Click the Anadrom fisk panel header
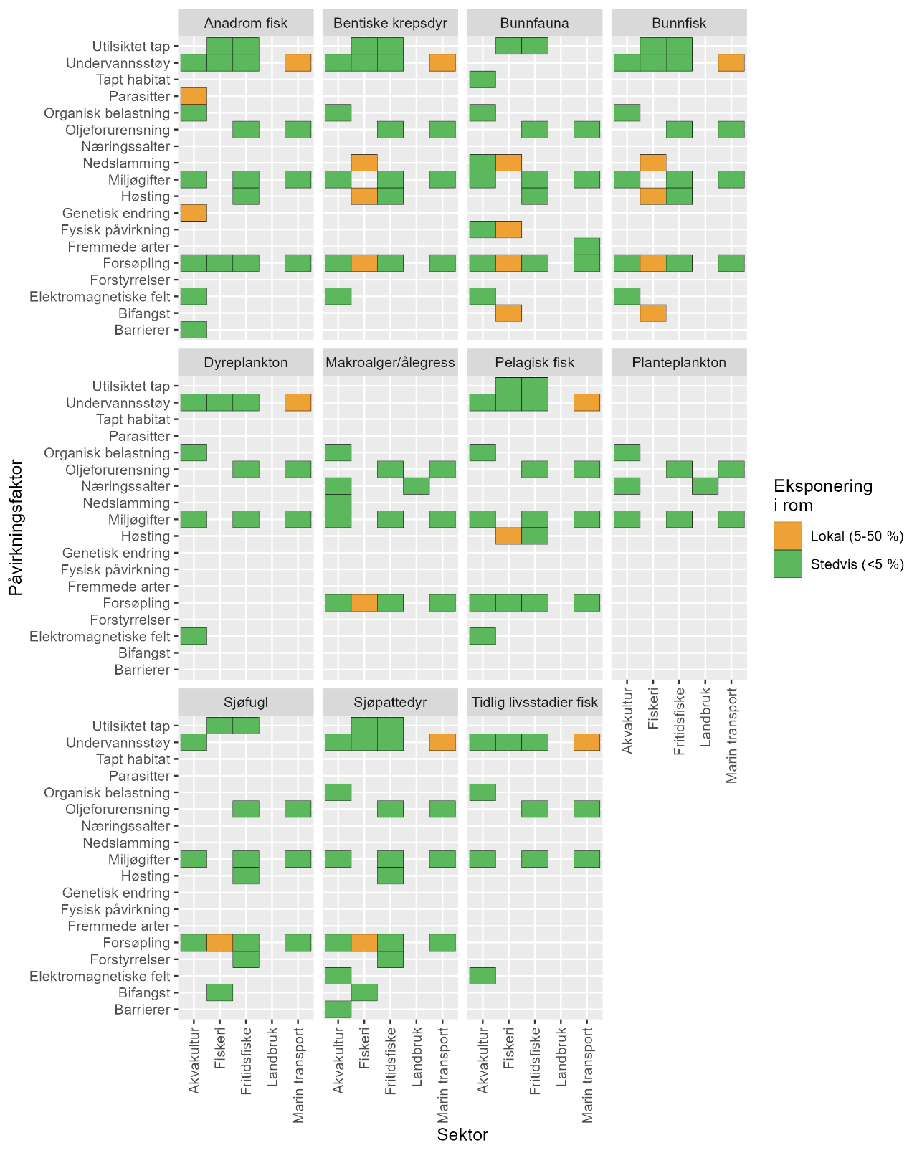[x=246, y=23]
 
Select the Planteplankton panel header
[x=679, y=362]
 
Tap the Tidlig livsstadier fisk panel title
[x=534, y=702]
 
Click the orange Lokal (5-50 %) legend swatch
[x=787, y=536]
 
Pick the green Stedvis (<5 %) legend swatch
[x=787, y=564]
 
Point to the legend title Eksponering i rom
[x=822, y=495]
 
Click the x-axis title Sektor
[x=462, y=1134]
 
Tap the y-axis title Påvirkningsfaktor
[x=15, y=528]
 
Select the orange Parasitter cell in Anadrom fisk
[x=194, y=96]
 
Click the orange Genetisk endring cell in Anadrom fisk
[x=194, y=213]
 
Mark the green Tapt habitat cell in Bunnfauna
[x=483, y=80]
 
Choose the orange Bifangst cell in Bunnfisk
[x=653, y=313]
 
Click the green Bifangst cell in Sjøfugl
[x=219, y=992]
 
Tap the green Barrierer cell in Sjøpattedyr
[x=338, y=1010]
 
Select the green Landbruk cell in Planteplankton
[x=705, y=486]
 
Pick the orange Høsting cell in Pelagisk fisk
[x=508, y=536]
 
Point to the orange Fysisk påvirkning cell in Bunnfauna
[x=508, y=229]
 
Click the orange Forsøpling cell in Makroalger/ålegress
[x=364, y=603]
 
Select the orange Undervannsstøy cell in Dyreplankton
[x=298, y=402]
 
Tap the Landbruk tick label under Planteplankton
[x=705, y=717]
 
